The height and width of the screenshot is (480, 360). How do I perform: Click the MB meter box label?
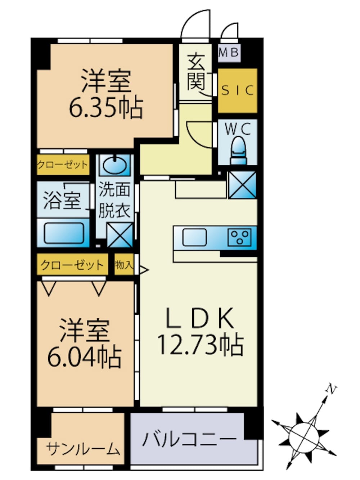pyautogui.click(x=229, y=53)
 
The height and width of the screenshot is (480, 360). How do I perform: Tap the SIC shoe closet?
pyautogui.click(x=237, y=91)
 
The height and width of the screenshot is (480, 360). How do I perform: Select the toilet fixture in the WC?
pyautogui.click(x=238, y=151)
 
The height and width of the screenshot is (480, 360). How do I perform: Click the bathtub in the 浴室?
pyautogui.click(x=64, y=233)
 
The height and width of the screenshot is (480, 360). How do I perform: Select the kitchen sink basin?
pyautogui.click(x=194, y=237)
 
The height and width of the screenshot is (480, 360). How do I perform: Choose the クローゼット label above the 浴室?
pyautogui.click(x=63, y=165)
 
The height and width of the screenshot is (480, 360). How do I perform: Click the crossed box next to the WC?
pyautogui.click(x=242, y=185)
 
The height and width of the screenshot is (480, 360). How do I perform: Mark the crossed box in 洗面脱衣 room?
pyautogui.click(x=120, y=235)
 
